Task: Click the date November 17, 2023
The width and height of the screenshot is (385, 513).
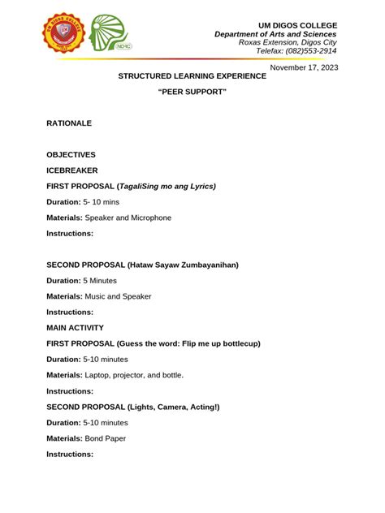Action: [x=303, y=67]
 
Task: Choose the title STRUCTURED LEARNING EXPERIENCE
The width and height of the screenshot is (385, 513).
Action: [x=192, y=75]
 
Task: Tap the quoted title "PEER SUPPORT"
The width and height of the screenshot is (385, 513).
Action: [x=192, y=93]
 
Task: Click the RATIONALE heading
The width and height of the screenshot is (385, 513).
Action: [x=69, y=123]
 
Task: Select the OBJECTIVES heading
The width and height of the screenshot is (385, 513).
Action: [x=71, y=154]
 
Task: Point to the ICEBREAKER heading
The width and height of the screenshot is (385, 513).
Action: [x=72, y=170]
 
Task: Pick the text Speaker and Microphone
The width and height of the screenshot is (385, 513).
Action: [x=128, y=218]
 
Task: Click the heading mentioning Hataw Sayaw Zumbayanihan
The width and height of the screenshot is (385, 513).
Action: [x=142, y=265]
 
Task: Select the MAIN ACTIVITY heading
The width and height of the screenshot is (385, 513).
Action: [x=75, y=328]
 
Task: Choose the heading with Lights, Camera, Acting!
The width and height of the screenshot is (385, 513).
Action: [x=132, y=407]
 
